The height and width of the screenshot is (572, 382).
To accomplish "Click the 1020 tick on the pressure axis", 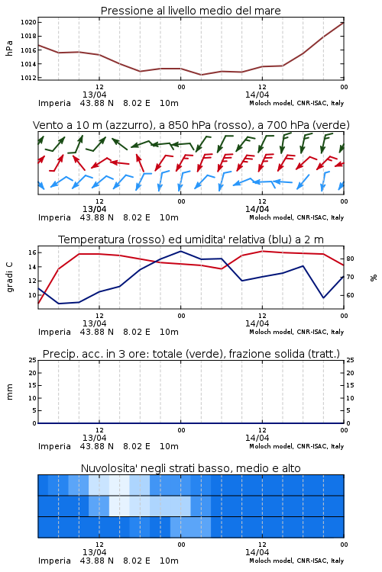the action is [x=28, y=22].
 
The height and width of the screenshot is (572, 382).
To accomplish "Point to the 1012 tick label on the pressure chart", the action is [x=28, y=78].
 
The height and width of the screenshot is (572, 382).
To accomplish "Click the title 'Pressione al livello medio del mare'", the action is [x=191, y=11].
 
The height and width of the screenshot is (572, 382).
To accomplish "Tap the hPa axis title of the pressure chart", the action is [x=9, y=48].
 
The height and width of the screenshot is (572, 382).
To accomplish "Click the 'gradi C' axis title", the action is [x=10, y=278].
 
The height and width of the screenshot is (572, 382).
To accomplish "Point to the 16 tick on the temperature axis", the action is [x=32, y=252].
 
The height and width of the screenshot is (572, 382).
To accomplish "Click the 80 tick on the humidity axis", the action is [x=350, y=259].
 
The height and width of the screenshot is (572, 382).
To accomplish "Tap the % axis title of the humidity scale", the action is [x=374, y=278].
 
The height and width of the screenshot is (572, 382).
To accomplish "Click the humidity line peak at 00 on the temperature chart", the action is [x=180, y=251].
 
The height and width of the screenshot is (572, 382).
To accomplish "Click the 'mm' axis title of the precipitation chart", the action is [x=10, y=392].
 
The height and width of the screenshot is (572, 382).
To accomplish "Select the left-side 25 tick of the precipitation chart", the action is [x=33, y=360].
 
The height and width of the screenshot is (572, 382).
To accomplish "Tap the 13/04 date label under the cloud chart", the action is [x=94, y=552].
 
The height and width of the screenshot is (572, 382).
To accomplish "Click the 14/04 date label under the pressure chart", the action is [x=257, y=95].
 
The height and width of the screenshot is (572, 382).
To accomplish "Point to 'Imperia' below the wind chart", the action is [x=54, y=218].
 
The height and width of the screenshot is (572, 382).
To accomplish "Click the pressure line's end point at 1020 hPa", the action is [x=344, y=22].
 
